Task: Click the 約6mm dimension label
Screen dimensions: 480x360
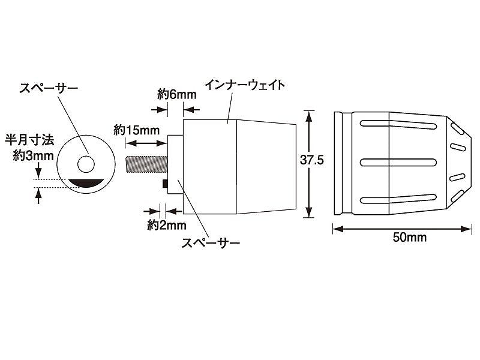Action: coord(177,94)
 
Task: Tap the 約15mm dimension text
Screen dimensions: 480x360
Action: coord(137,130)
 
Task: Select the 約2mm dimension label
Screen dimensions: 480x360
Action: coord(167,226)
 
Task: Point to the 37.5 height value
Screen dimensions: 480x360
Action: coord(311,160)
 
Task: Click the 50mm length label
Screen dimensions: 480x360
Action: coord(410,237)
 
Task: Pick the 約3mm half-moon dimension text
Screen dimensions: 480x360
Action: coord(34,156)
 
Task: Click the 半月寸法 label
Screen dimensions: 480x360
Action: coord(29,140)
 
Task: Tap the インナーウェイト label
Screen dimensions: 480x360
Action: coord(245,85)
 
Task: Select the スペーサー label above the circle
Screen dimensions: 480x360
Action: coord(49,88)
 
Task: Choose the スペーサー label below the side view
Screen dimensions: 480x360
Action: coord(211,244)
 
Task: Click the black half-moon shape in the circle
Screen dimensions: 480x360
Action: coord(86,182)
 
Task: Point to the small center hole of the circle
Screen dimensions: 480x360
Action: coord(86,164)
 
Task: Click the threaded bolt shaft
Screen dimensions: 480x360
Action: coord(146,164)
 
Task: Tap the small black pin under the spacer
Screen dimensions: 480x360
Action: coord(164,184)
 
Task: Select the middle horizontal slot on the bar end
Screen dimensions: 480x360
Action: coord(398,162)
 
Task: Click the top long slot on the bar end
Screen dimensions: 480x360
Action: coord(398,124)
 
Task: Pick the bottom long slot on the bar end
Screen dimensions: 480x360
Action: coord(398,199)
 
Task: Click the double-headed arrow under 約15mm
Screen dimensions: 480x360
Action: coord(146,143)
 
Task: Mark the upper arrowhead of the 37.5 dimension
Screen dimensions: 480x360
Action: coord(309,116)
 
